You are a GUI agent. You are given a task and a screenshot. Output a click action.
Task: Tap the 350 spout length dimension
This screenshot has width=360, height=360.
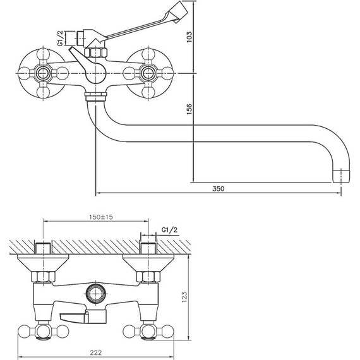pyautogui.click(x=218, y=188)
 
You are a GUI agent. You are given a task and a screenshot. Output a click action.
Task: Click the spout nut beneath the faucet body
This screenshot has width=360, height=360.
pyautogui.click(x=95, y=97)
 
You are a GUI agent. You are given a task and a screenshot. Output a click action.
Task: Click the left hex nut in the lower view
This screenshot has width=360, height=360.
pyautogui.click(x=42, y=277)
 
